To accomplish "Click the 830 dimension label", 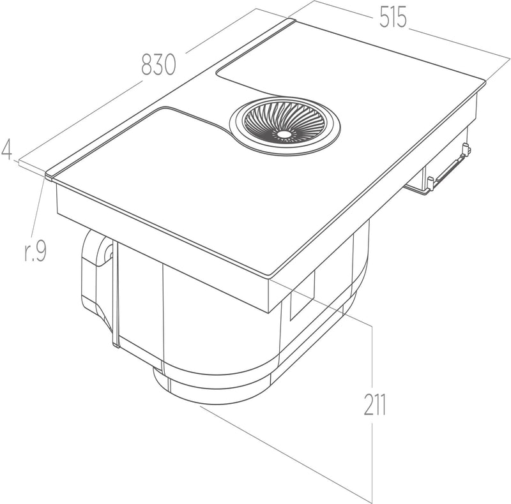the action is click(158, 65).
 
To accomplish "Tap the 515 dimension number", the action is click(393, 17).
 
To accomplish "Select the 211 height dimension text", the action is click(375, 404).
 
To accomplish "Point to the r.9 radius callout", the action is click(36, 251).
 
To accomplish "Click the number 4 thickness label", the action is click(7, 150).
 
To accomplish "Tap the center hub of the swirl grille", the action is click(284, 135).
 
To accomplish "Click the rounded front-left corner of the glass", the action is click(49, 175).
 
